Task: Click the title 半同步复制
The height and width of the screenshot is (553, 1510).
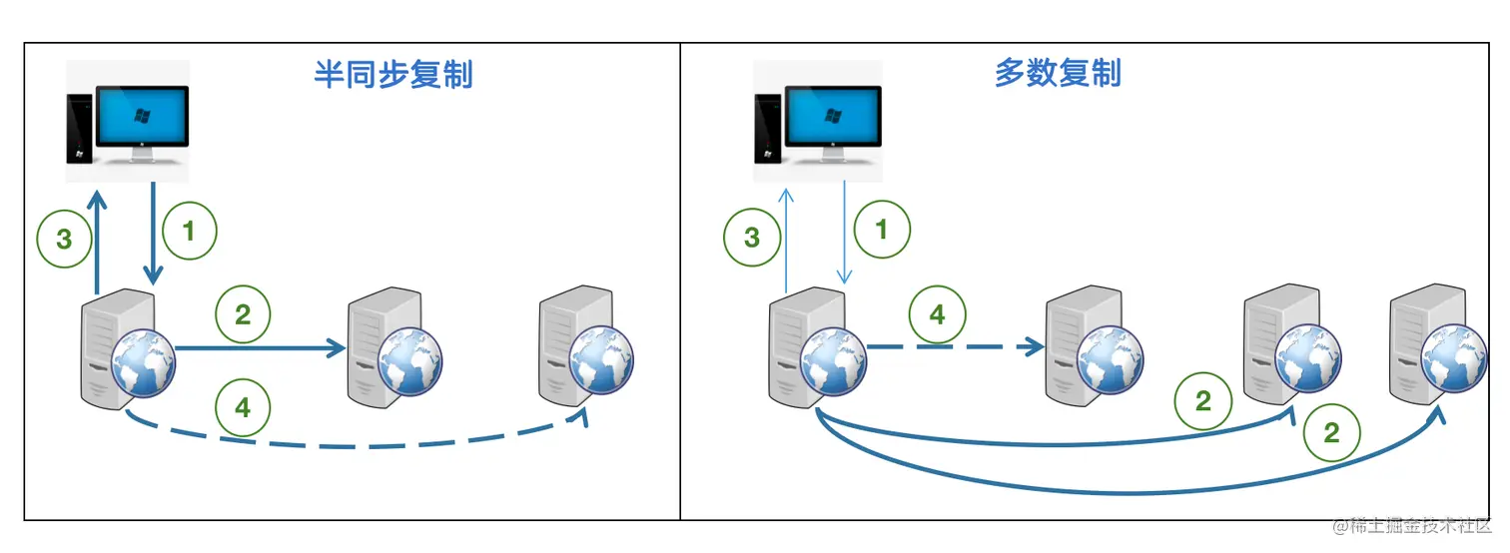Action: coord(392,75)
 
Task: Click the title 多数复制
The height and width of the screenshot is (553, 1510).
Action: coord(1058,73)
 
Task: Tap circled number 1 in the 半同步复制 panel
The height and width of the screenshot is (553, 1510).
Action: coord(189,232)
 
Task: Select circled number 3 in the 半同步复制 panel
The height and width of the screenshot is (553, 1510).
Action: coord(64,241)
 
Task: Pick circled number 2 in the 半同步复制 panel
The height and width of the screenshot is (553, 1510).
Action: coord(243,315)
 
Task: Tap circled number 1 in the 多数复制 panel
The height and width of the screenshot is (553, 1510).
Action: coord(880,231)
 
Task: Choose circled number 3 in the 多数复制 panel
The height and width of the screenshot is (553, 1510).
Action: coord(752,238)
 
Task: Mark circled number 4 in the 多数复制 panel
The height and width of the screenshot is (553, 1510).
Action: coord(936,315)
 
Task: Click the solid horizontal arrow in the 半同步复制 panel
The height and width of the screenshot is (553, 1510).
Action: coord(260,348)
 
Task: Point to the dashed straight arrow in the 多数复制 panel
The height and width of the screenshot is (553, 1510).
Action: coord(954,347)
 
